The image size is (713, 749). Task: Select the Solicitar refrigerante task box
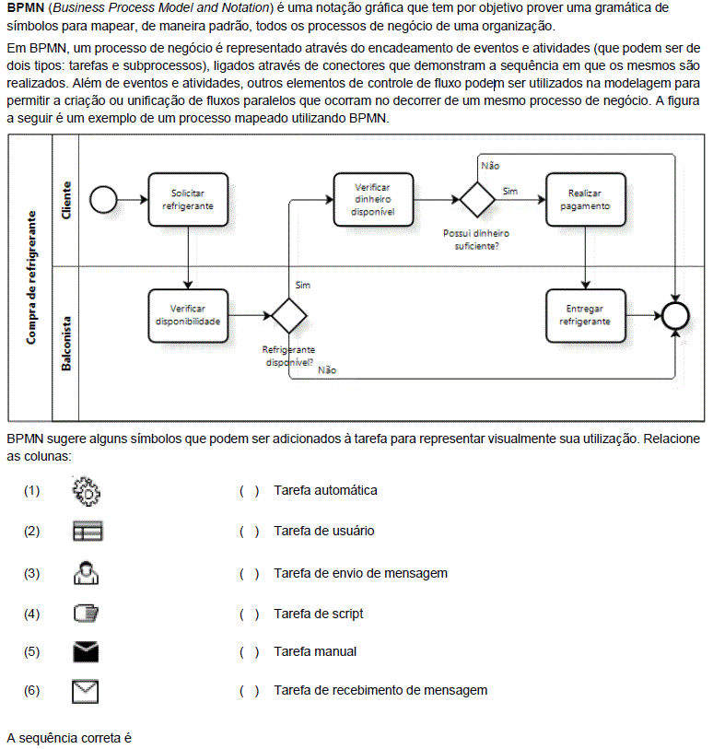[x=188, y=199]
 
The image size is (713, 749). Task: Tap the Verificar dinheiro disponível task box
[x=373, y=199]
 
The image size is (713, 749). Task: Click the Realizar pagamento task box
[x=586, y=199]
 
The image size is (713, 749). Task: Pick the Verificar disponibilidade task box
[x=188, y=315]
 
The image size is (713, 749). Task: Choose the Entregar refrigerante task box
[x=586, y=315]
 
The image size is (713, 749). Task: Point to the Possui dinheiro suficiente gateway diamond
[x=477, y=199]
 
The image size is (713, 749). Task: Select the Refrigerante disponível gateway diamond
[x=289, y=315]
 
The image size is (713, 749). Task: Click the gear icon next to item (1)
[x=86, y=491]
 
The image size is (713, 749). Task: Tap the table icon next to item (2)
[x=88, y=532]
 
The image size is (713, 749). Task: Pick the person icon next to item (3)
[x=86, y=573]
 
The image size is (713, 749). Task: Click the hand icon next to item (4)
[x=86, y=614]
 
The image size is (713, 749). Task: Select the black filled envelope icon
[x=86, y=652]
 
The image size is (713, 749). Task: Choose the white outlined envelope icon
[x=86, y=691]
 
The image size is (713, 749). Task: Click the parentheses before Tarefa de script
[x=250, y=614]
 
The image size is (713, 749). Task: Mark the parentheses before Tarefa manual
[x=250, y=652]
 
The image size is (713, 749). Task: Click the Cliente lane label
[x=66, y=200]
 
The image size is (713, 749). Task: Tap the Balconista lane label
[x=66, y=344]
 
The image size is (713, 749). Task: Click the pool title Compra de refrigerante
[x=31, y=277]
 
